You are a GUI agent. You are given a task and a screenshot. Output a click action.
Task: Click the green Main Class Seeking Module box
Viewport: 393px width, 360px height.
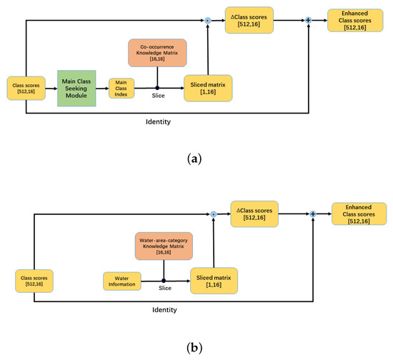[76, 88]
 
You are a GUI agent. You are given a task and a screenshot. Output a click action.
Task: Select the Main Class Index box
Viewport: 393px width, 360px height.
[121, 88]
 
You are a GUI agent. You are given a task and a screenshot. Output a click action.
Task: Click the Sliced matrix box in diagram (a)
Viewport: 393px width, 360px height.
[209, 88]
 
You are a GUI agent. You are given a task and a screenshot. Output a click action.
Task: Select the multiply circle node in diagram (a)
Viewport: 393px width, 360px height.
[208, 21]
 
